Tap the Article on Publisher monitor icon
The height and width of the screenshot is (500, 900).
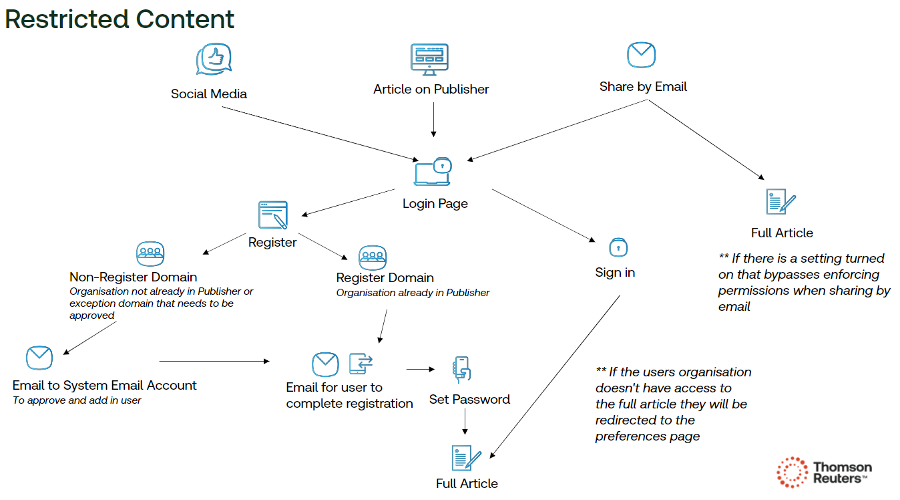coord(429,59)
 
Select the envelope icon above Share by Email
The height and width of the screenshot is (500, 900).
coord(641,55)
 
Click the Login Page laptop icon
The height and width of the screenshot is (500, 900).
coord(433,172)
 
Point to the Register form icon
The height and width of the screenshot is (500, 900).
coord(273,215)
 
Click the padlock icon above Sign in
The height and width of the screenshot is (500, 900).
coord(618,247)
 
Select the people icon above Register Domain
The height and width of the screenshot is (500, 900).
coord(373,257)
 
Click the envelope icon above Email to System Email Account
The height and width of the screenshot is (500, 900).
coord(39,358)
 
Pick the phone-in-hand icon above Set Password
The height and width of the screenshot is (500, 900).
coord(461,370)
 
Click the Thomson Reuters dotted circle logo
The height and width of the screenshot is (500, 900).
coord(793,472)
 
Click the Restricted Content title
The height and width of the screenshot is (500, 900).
coord(120,19)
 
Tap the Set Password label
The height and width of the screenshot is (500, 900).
coord(469,400)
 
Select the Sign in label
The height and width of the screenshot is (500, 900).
coord(615,273)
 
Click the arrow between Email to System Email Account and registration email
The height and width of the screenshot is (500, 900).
coord(214,361)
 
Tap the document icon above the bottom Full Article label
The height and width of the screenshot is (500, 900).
coord(466,459)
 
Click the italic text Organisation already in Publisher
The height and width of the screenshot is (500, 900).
coord(413,293)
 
